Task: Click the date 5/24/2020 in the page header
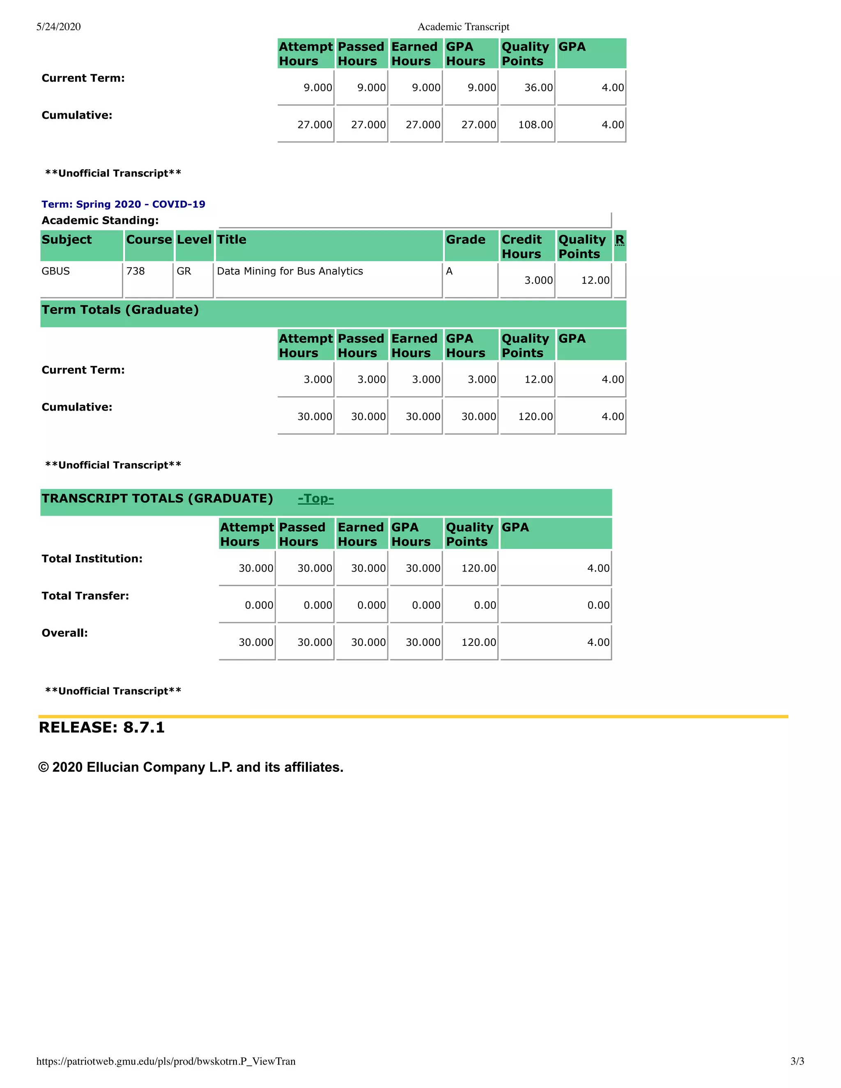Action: coord(58,27)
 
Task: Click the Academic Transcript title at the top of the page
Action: coord(463,27)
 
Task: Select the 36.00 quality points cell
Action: coord(538,88)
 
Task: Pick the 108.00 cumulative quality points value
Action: coord(535,125)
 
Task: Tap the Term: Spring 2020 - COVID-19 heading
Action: coord(123,204)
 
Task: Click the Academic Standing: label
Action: coord(100,220)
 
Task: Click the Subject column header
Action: coord(67,240)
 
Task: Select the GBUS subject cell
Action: coord(56,271)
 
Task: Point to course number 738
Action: coord(136,271)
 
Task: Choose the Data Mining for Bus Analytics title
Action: coord(290,271)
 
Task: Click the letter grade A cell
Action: coord(449,271)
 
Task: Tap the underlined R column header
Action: coord(619,240)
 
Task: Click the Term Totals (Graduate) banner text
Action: coord(120,310)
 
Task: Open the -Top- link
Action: coord(315,499)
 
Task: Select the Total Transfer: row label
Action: coord(85,596)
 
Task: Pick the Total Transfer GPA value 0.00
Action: coord(598,605)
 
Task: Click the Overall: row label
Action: coord(65,633)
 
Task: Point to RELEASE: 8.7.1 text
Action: coord(102,728)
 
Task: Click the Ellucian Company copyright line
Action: coord(191,767)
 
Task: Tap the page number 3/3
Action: coord(797,1061)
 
